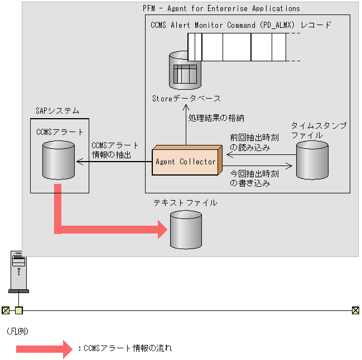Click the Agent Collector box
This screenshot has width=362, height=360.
coord(187,160)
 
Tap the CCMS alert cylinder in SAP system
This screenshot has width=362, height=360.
coord(59,160)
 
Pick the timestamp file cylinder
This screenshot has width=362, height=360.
coord(312,160)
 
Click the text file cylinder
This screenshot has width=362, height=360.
coord(186,230)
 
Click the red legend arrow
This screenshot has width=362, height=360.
coord(44,349)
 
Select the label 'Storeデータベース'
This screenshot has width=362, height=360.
coord(186,99)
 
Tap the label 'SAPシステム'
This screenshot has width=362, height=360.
coord(57,111)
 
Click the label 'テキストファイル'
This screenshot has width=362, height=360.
coord(185,203)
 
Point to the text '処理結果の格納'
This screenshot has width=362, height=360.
coord(216,118)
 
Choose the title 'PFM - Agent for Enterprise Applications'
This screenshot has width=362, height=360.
coord(221,8)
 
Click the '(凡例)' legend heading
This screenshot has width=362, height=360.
coord(17,332)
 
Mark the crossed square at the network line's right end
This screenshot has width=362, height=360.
coord(355,310)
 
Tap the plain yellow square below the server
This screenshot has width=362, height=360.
coord(19,310)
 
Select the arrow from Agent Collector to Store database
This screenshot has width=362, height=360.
coord(186,125)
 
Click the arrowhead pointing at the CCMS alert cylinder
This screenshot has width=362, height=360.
coord(80,162)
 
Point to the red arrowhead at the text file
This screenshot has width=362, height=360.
coord(163,230)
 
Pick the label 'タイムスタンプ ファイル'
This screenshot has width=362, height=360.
coord(318,130)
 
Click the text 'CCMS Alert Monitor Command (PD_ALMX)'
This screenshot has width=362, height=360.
coord(223,25)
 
